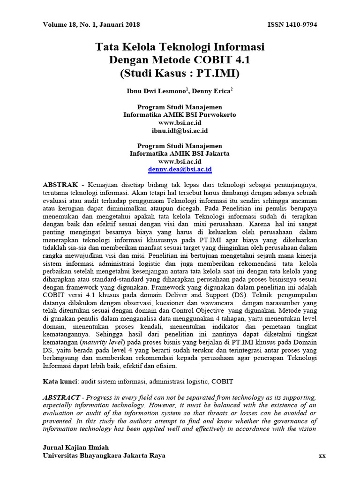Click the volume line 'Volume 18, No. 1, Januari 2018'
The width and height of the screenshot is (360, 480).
point(91,24)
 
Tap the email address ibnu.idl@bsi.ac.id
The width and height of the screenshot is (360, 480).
point(180,130)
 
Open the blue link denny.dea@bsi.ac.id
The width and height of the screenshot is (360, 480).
point(180,169)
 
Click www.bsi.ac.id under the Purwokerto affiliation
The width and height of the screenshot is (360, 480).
point(180,123)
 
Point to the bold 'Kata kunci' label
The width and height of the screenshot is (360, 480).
point(60,382)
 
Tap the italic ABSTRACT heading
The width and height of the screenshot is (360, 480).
point(61,397)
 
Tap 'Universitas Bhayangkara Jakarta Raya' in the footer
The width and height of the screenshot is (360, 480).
point(104,456)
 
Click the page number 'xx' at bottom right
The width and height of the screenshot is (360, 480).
point(322,456)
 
